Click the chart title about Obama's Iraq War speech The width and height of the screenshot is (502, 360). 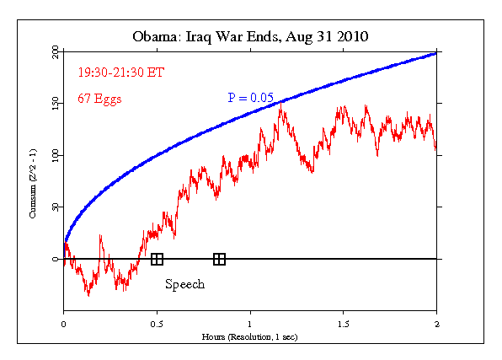point(250,37)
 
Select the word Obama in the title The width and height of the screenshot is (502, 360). point(156,37)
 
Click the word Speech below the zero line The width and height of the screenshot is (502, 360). point(184,284)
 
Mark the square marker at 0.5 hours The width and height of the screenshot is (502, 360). point(157,259)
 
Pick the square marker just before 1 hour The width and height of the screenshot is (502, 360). point(219,259)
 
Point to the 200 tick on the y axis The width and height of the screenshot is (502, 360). point(56,52)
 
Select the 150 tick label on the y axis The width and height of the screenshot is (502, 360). point(56,104)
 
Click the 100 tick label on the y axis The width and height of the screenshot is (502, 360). point(56,155)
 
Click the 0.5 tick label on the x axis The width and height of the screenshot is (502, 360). point(157,323)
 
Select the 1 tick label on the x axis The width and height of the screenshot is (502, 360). point(250,323)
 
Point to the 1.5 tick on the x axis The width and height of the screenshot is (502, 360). point(343,323)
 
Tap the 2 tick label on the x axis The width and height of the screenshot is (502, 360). point(436,323)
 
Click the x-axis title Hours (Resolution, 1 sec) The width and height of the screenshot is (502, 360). point(250,336)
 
